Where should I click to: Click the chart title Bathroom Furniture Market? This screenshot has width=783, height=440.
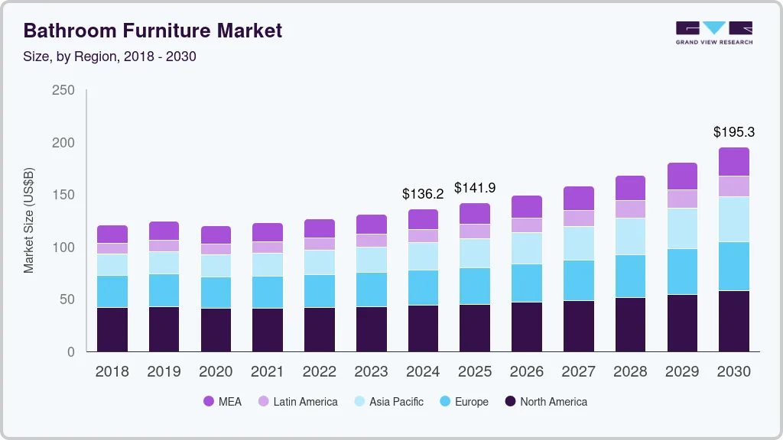click(153, 31)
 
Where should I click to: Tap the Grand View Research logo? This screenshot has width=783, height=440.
click(713, 32)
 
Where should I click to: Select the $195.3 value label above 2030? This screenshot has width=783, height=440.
click(734, 132)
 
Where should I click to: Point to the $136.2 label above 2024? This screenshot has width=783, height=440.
click(423, 194)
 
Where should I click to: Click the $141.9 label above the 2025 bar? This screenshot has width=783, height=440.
click(475, 187)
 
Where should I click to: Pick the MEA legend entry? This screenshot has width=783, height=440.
click(223, 402)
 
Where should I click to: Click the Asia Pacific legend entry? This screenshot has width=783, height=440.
click(388, 402)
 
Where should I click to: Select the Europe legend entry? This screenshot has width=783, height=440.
click(463, 402)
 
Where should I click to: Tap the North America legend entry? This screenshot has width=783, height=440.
click(545, 402)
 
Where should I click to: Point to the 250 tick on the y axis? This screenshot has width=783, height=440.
click(63, 90)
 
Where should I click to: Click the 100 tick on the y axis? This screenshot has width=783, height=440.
click(63, 247)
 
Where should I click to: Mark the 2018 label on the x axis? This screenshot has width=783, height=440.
click(112, 372)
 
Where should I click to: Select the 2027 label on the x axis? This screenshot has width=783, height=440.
click(579, 372)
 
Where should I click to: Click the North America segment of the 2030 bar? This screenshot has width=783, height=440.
click(734, 321)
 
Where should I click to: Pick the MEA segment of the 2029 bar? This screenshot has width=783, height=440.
click(682, 176)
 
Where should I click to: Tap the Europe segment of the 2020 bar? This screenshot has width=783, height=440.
click(216, 293)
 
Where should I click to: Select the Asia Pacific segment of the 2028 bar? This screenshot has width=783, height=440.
click(630, 236)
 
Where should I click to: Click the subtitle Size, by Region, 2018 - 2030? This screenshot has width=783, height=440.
click(110, 57)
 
